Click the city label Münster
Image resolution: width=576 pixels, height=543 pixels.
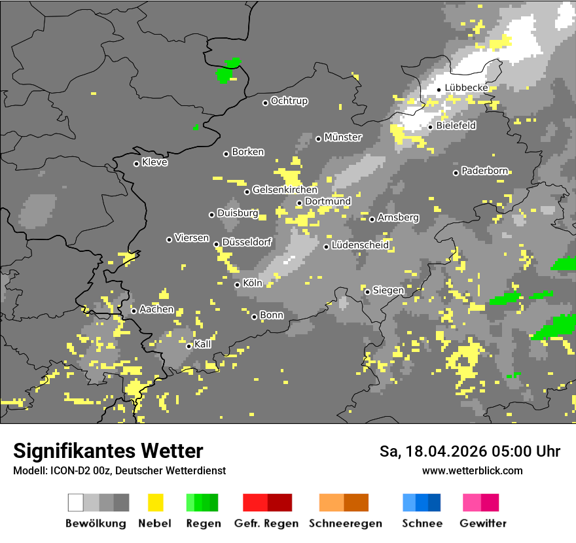(x=343, y=137)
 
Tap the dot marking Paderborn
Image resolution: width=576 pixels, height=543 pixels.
(x=456, y=173)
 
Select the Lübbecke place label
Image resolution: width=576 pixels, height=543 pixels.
(x=466, y=88)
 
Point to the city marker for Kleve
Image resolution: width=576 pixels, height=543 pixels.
(x=136, y=164)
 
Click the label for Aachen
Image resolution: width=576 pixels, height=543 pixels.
(x=156, y=309)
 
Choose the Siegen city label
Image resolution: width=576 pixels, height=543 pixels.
(x=388, y=290)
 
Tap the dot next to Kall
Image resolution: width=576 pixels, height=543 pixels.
(x=189, y=346)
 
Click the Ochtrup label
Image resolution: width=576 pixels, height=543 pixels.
(x=289, y=101)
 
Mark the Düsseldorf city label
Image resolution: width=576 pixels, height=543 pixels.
(x=247, y=242)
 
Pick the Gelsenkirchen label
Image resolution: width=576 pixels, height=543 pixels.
(x=285, y=190)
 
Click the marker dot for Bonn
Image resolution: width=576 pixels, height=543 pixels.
(x=255, y=317)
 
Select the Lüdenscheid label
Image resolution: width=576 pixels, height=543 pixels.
(x=360, y=245)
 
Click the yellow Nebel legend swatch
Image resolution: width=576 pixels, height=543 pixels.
(x=156, y=502)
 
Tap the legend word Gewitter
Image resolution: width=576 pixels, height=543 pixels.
(x=483, y=523)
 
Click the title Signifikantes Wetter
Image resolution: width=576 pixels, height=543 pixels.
(x=108, y=451)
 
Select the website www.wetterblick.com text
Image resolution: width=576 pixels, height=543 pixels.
(x=473, y=471)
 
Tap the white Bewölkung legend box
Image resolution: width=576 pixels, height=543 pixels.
(x=76, y=502)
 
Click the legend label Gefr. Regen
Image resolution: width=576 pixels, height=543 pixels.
(x=266, y=523)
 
